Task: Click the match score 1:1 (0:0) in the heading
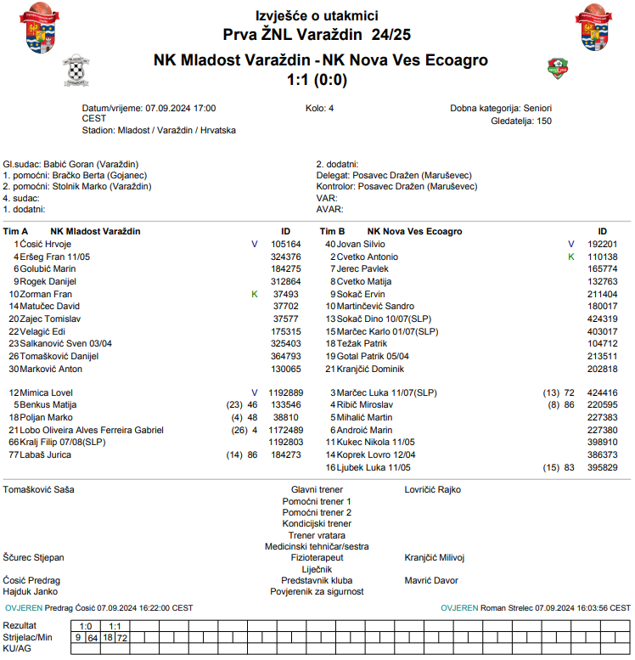[x=317, y=81]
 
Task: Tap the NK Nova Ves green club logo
[x=558, y=68]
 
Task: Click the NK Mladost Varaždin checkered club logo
[x=77, y=71]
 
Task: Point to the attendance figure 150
[x=543, y=121]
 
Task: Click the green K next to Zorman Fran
[x=254, y=294]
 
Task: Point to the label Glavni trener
[x=317, y=490]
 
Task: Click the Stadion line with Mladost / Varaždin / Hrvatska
[x=159, y=131]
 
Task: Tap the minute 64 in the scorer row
[x=93, y=637]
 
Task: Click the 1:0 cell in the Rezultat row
[x=86, y=626]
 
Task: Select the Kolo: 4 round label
[x=320, y=109]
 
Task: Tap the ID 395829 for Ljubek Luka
[x=603, y=467]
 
